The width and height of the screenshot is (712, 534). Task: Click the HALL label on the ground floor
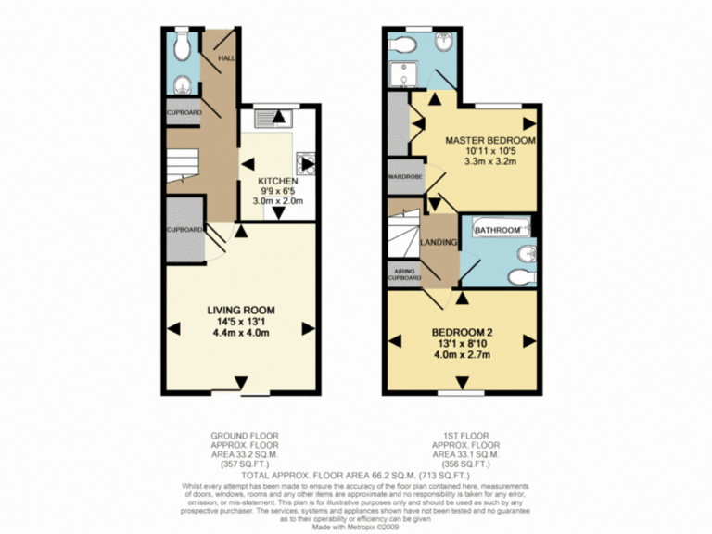225,58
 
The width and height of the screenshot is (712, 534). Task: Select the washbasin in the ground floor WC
183,86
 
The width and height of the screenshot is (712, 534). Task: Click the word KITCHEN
277,180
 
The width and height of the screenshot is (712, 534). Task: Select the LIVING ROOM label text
240,310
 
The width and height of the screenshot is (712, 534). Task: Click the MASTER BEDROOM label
477,141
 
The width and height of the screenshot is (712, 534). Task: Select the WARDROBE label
405,176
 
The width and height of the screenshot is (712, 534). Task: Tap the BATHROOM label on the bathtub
498,229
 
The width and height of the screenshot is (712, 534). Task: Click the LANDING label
439,243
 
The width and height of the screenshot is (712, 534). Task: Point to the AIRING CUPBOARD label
404,273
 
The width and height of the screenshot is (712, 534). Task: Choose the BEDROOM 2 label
462,331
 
